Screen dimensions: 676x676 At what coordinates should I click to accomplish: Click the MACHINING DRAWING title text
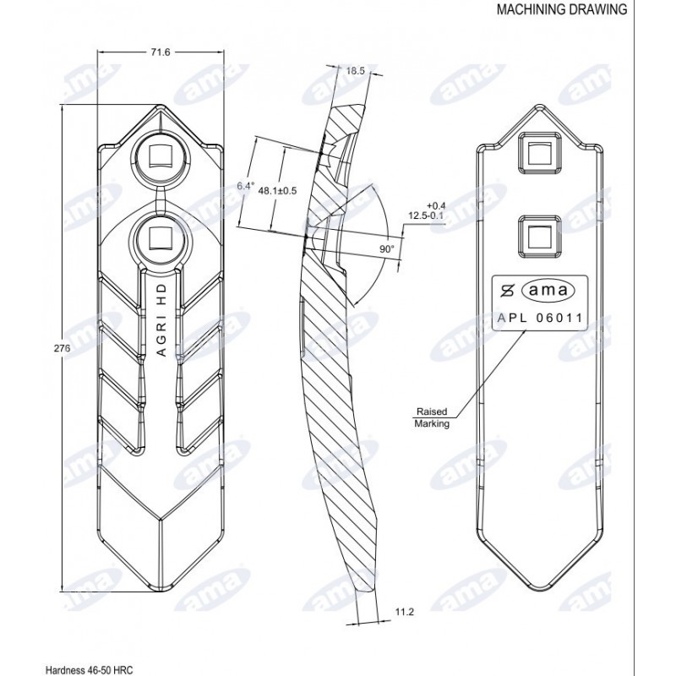tap(562, 9)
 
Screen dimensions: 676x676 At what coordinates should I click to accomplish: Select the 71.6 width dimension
tap(160, 52)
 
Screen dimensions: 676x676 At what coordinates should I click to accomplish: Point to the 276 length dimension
tap(62, 348)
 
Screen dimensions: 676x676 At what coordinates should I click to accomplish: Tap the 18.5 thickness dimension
tap(355, 71)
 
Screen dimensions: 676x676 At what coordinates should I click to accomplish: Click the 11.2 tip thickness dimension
tap(404, 611)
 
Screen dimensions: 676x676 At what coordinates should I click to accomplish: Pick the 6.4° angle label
tap(246, 186)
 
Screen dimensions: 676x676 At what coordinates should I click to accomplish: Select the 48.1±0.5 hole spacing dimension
tap(277, 191)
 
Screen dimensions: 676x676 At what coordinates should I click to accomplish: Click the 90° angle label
tap(387, 248)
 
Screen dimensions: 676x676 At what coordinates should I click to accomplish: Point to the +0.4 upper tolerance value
tap(435, 205)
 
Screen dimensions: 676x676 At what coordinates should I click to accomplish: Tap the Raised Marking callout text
tap(432, 417)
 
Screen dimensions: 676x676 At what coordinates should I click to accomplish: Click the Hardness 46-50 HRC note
tap(90, 669)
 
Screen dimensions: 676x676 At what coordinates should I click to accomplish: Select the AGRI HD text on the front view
tap(161, 320)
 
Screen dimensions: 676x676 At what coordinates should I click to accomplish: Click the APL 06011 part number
tap(540, 319)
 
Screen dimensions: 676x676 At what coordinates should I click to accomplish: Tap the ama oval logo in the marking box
tap(548, 291)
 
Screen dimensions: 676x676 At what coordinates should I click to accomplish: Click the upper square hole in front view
tap(160, 156)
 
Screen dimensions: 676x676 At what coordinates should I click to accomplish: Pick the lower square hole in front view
tap(160, 238)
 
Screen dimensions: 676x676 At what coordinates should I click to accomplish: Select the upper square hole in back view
tap(540, 153)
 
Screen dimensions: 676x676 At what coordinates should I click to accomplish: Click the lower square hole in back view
tap(540, 237)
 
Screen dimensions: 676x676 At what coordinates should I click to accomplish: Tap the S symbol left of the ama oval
tap(509, 291)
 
